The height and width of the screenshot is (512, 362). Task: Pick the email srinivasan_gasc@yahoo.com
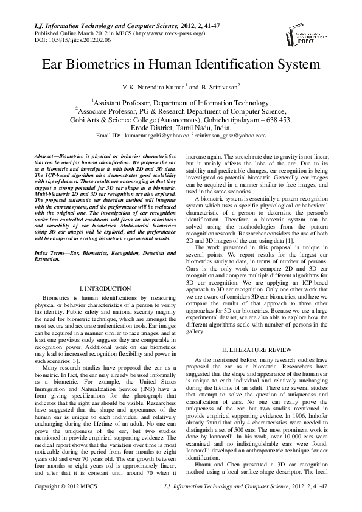pyautogui.click(x=231, y=135)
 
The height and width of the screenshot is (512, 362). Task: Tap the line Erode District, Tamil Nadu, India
pyautogui.click(x=181, y=128)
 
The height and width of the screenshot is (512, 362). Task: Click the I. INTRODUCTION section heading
pyautogui.click(x=105, y=288)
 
